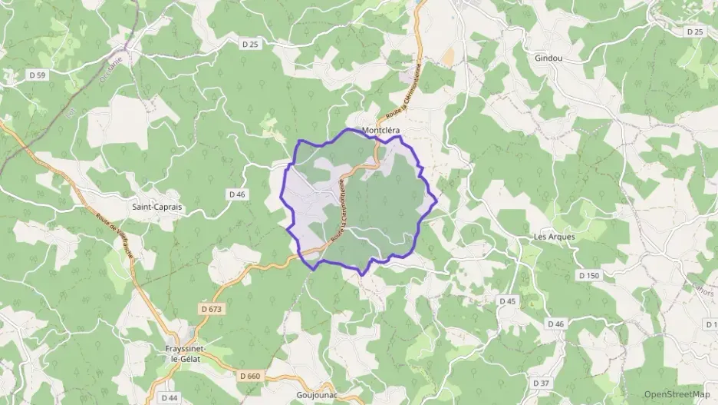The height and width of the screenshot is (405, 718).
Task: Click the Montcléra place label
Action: [x=382, y=131]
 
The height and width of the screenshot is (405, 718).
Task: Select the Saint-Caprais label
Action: [x=156, y=207]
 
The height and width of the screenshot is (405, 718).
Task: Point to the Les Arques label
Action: [x=554, y=237]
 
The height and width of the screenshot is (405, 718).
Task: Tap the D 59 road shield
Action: [x=38, y=75]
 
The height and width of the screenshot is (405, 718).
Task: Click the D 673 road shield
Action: [x=212, y=308]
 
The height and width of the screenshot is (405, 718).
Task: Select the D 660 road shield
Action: [x=250, y=376]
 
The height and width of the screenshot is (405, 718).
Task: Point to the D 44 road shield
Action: [x=170, y=398]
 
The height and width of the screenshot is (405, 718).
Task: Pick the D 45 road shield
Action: [x=508, y=301]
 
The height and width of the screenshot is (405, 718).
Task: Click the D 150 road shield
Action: [x=589, y=274]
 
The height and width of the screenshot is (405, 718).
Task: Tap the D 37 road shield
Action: [x=542, y=383]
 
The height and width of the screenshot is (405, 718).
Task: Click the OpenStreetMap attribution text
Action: [x=677, y=393]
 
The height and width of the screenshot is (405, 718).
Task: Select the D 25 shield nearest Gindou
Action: [x=695, y=32]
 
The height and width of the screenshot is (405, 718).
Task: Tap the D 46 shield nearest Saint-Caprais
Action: [x=237, y=194]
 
